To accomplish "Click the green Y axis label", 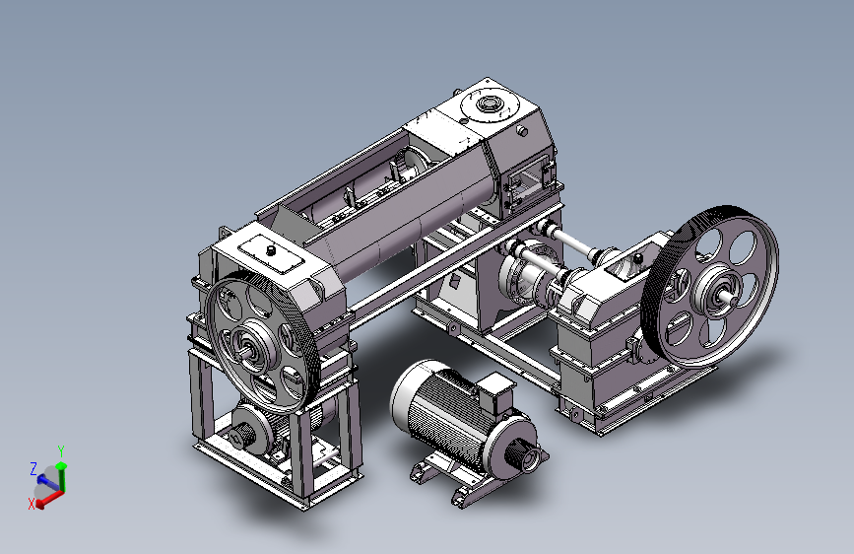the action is [61, 450].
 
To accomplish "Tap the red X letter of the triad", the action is [32, 505].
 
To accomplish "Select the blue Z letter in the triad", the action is [33, 468].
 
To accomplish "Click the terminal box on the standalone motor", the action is [495, 391].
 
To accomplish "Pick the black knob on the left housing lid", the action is [270, 250].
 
